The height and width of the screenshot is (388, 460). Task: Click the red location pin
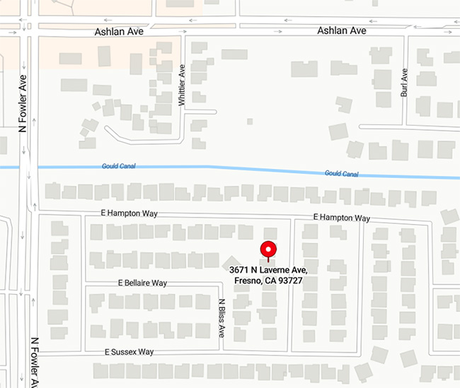point(268,251)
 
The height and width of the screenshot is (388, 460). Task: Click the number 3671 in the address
point(241,271)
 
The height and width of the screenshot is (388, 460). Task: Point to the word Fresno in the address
point(248,281)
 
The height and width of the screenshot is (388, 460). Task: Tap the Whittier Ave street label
point(182,84)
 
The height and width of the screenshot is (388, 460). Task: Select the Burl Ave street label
point(404,83)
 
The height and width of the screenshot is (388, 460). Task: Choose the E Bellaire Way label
point(142,283)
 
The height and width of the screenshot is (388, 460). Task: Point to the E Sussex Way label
point(129,352)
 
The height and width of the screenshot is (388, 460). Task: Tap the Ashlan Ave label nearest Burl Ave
point(342,31)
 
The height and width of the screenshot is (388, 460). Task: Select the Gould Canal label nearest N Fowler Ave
point(118,166)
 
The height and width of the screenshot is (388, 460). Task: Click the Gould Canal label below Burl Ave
point(342,173)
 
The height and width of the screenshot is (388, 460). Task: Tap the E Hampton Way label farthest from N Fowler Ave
point(342,218)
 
